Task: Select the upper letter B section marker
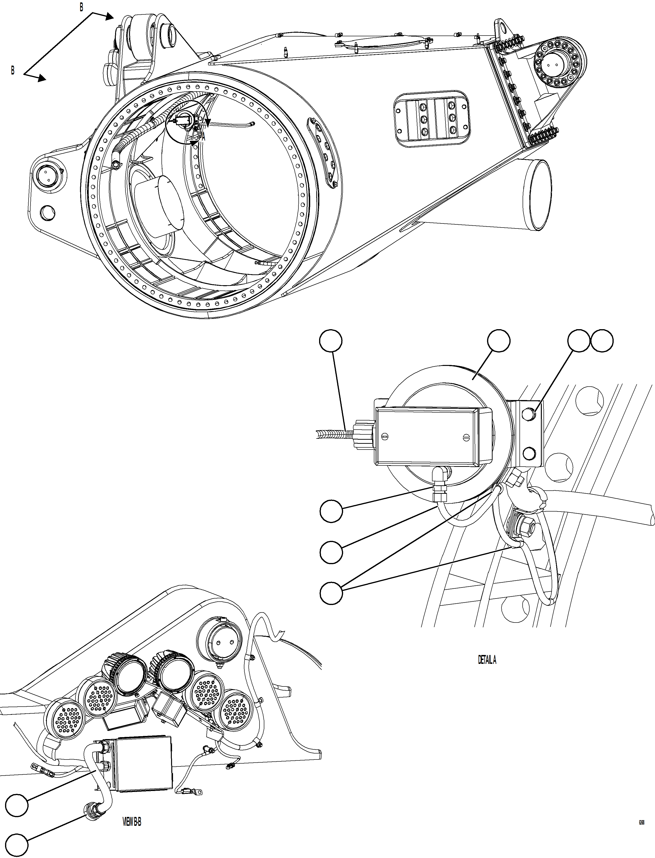point(81,8)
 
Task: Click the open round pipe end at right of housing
point(538,195)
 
